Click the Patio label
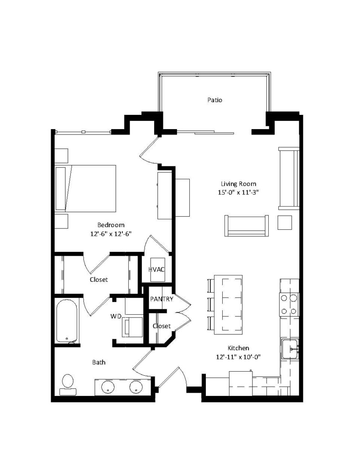(x=214, y=100)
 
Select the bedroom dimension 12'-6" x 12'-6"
(x=111, y=234)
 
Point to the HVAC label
(x=157, y=269)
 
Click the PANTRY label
(x=162, y=299)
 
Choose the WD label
(x=116, y=316)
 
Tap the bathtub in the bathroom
(x=68, y=321)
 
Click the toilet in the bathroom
(x=68, y=384)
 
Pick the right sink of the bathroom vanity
(x=135, y=387)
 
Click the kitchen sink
(x=290, y=349)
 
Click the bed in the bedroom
(x=85, y=188)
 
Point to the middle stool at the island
(x=210, y=303)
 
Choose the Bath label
(x=99, y=363)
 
